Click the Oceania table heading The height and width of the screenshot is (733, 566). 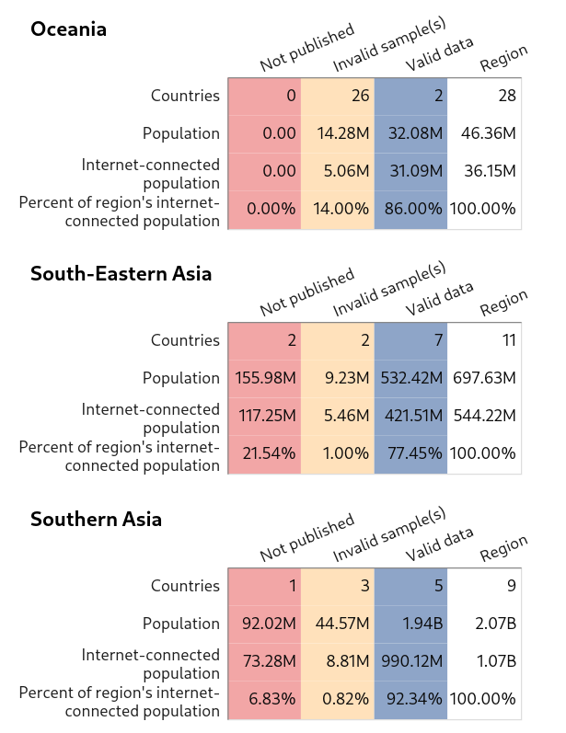(68, 29)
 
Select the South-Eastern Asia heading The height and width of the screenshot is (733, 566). (121, 274)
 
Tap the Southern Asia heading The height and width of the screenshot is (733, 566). (96, 520)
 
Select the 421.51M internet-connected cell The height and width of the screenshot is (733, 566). (411, 416)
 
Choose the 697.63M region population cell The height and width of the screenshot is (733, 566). (485, 378)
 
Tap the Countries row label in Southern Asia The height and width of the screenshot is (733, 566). (185, 586)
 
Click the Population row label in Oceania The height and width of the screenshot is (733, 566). (181, 133)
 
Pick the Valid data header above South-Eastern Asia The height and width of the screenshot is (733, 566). (440, 298)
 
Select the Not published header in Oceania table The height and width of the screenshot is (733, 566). (307, 49)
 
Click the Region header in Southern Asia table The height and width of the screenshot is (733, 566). (504, 549)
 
